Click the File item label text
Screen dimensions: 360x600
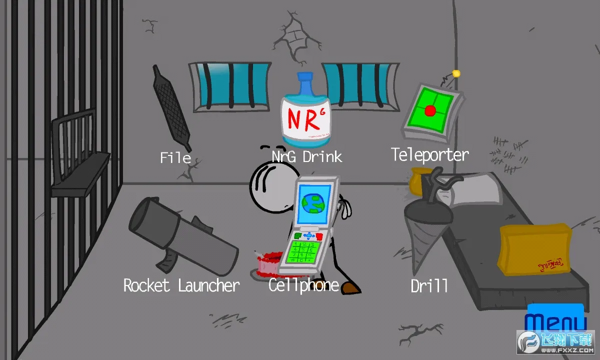[175, 158]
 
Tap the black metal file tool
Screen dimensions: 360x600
[172, 108]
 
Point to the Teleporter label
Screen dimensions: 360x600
[429, 154]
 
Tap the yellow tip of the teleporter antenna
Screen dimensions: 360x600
[455, 74]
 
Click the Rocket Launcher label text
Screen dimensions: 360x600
[181, 285]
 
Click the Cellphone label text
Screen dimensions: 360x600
[303, 285]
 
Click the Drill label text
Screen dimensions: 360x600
[429, 286]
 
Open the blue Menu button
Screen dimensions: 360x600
[556, 320]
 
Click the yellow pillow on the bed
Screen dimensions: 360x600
[534, 248]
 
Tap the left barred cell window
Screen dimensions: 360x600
[229, 85]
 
